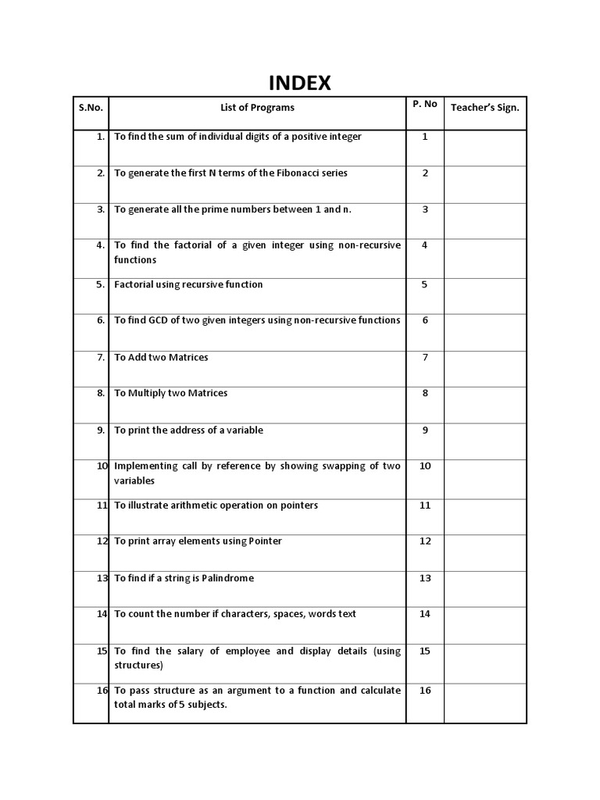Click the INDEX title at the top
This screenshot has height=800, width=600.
click(300, 83)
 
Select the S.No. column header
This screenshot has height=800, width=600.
click(91, 108)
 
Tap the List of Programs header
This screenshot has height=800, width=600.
click(257, 108)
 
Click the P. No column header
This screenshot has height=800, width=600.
click(425, 104)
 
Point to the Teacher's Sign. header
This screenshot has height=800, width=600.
click(485, 108)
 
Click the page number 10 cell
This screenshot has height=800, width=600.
click(425, 466)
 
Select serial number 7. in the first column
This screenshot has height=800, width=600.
click(100, 357)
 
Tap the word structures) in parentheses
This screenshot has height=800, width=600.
click(139, 666)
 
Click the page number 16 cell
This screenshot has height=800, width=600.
click(425, 691)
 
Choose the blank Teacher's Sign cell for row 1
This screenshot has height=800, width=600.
click(485, 148)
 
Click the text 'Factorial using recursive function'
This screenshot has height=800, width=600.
click(188, 284)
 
